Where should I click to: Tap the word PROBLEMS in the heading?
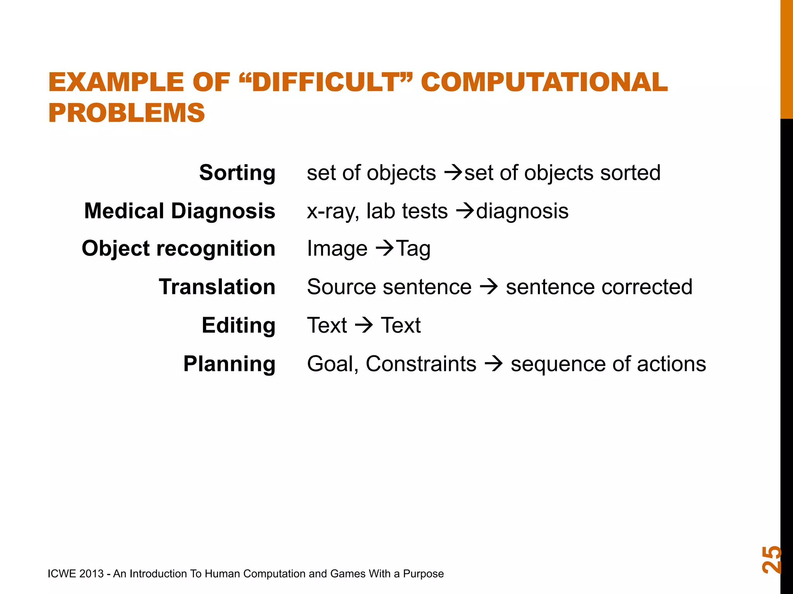[127, 113]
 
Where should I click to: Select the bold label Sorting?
[237, 172]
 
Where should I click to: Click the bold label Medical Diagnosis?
[180, 211]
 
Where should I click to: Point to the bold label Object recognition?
[179, 248]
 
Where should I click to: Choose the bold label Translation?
[217, 287]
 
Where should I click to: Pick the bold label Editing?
[239, 325]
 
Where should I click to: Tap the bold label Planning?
[229, 364]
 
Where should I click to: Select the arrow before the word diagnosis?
[465, 211]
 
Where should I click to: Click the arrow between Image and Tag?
[385, 248]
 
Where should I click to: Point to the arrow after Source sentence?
[489, 287]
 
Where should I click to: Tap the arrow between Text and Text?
[364, 325]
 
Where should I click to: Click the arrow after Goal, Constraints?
[494, 364]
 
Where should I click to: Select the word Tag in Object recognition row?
[414, 249]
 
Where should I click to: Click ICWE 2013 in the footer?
[76, 574]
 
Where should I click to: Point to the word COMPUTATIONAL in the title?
[544, 82]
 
